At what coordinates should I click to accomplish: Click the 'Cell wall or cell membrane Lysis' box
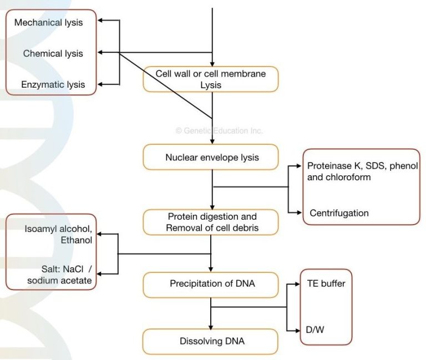[x=210, y=79]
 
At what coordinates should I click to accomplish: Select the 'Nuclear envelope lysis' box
[x=210, y=157]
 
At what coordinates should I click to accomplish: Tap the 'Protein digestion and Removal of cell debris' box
[x=210, y=221]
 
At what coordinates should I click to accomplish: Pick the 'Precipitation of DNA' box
[x=210, y=284]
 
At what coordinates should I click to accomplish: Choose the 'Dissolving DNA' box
[x=210, y=341]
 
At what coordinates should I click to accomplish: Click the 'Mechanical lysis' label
[x=48, y=23]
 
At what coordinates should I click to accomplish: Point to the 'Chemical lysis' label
[x=53, y=53]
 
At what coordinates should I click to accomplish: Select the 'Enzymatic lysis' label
[x=53, y=84]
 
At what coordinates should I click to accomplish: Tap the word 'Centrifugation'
[x=339, y=213]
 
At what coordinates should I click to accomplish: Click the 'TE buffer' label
[x=326, y=283]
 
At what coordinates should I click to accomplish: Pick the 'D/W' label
[x=315, y=329]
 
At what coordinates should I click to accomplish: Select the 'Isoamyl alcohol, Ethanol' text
[x=58, y=235]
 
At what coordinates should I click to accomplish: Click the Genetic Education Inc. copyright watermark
[x=219, y=131]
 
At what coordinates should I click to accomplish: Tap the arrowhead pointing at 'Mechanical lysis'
[x=100, y=21]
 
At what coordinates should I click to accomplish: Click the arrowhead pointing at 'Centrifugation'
[x=300, y=213]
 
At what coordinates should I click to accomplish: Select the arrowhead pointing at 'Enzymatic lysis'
[x=100, y=84]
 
